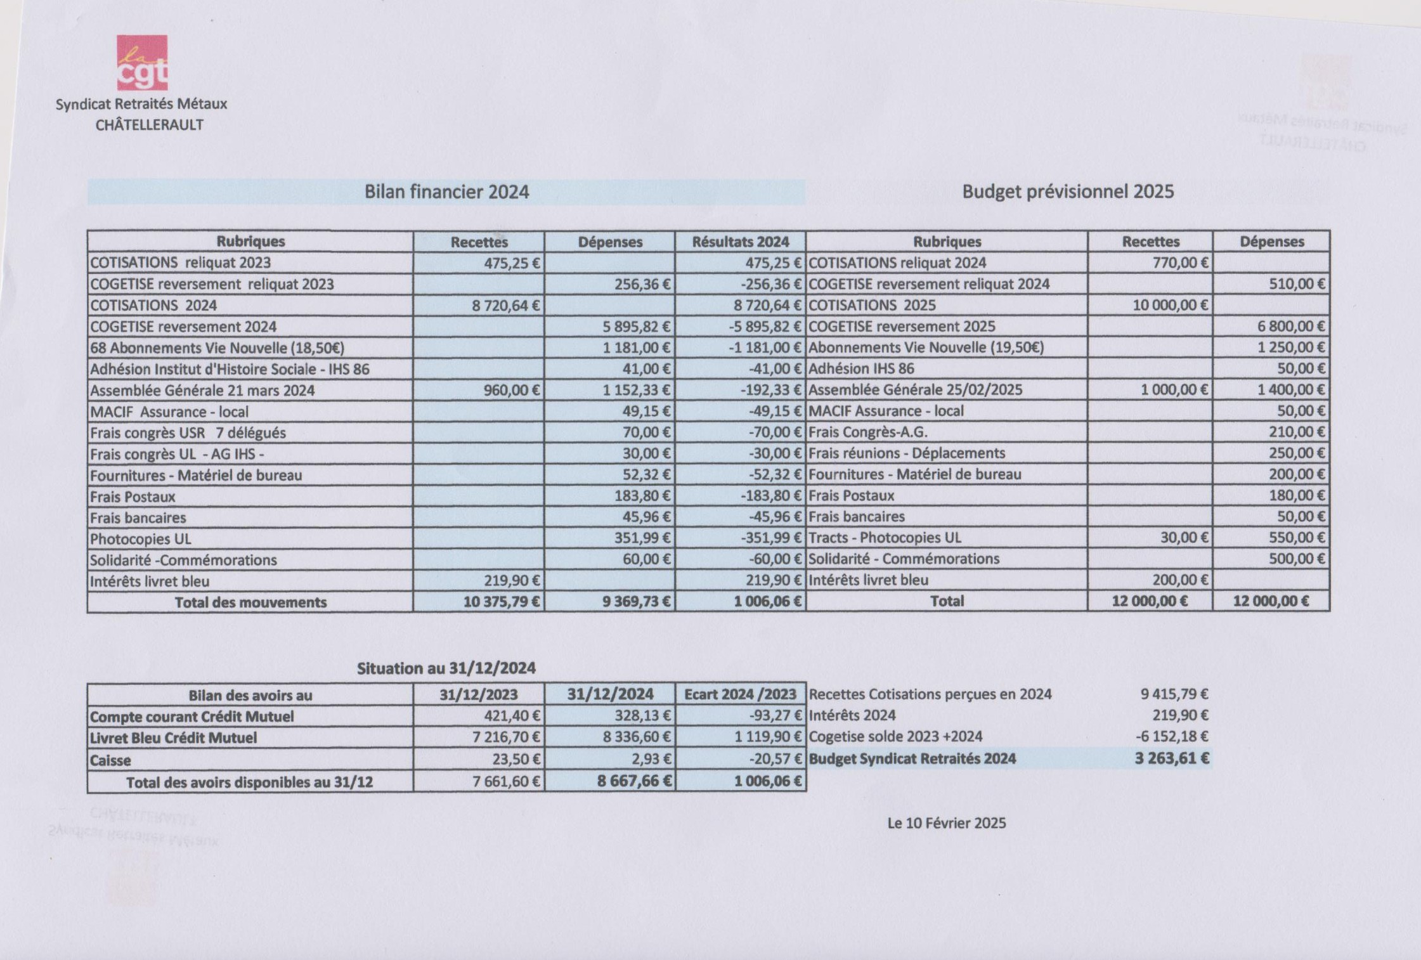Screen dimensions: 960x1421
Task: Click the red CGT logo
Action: pos(142,63)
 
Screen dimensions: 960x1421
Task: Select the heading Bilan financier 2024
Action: pos(446,191)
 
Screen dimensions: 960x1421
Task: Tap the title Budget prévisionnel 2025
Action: pos(1068,191)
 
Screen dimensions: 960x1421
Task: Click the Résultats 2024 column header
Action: pos(740,242)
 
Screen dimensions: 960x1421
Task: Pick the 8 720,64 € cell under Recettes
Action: pos(505,306)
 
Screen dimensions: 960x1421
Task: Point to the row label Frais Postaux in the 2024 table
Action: pos(133,496)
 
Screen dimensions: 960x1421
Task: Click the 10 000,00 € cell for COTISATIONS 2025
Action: pos(1170,305)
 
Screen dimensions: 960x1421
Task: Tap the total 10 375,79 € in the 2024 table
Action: pos(501,602)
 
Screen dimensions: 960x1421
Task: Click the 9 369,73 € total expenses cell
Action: pos(636,602)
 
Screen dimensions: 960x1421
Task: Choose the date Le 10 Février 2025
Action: pos(946,823)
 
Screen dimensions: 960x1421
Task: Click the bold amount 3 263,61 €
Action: pos(1171,758)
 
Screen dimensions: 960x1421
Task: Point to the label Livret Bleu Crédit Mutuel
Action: pos(173,738)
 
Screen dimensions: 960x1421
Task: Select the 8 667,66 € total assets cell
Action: pos(633,781)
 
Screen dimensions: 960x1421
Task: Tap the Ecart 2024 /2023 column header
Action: pos(740,694)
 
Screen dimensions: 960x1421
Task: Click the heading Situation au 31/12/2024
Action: pos(446,668)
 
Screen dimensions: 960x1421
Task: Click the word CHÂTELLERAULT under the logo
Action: pos(150,125)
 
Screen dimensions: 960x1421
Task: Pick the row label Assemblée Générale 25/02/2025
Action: pos(915,390)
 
